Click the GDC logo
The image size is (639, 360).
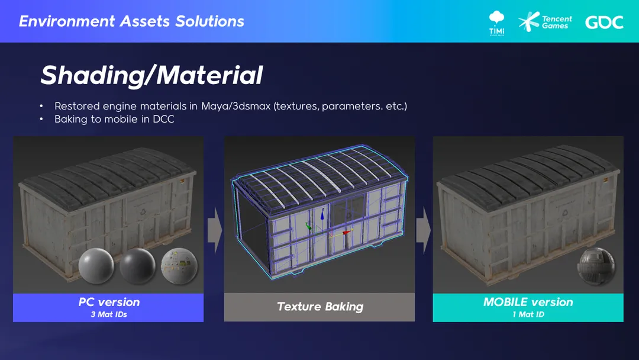pos(604,22)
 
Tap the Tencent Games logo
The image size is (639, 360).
pos(546,22)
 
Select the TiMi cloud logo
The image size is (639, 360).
pos(496,23)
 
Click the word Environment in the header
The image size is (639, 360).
pos(67,21)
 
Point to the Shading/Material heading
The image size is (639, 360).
pos(151,75)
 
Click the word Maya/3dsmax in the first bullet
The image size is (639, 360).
pos(236,107)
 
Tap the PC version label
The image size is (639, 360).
pos(109,302)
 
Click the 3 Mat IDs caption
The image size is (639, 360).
pos(109,314)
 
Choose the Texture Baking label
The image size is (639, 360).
pos(320,307)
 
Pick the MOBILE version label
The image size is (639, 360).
pos(528,302)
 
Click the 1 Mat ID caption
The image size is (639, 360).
pos(528,314)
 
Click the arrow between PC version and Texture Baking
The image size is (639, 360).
pos(215,230)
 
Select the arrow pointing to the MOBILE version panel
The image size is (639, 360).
pos(424,230)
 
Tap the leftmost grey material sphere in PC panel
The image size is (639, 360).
pos(96,266)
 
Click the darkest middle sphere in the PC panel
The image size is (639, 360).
pos(138,266)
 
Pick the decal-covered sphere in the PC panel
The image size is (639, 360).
pos(179,266)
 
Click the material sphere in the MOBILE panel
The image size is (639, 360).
pos(596,265)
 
